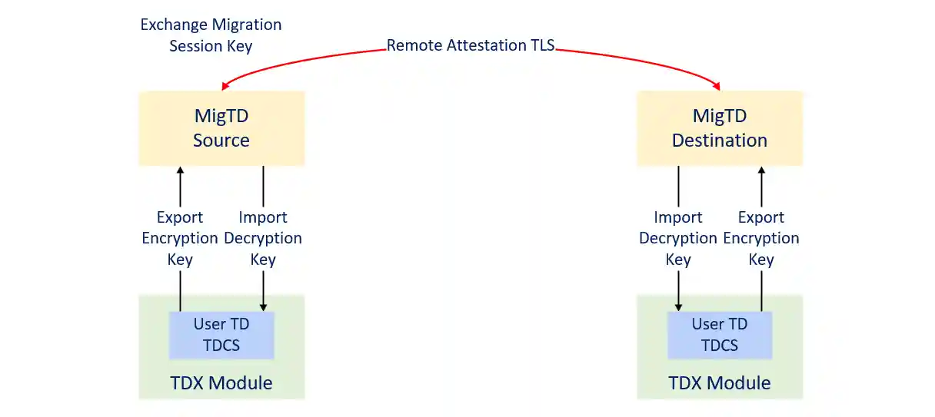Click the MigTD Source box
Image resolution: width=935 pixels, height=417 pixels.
[221, 128]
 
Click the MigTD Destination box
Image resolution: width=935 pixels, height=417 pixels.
[720, 128]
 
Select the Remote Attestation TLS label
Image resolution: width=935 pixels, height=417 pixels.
[470, 45]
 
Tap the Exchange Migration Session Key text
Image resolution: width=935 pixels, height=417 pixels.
[211, 35]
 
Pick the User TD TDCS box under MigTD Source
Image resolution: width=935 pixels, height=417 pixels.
[221, 335]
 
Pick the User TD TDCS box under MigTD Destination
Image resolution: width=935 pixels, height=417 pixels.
[720, 335]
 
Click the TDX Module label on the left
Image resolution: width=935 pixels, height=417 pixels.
[221, 382]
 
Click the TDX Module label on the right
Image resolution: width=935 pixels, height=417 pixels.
[720, 382]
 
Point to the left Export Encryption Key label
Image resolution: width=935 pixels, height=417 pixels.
[180, 238]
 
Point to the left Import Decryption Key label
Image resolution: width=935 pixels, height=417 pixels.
[263, 238]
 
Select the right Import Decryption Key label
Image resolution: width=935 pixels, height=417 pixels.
[678, 238]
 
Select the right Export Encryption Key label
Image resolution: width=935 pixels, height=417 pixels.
[761, 238]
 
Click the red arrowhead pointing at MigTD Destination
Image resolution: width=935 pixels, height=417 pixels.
[719, 86]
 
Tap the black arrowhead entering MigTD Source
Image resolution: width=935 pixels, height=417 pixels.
[180, 170]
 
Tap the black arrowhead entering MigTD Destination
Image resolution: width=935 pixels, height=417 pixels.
[761, 170]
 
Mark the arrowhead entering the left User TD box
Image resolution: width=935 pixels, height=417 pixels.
[263, 307]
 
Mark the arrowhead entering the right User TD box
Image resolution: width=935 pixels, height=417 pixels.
[678, 307]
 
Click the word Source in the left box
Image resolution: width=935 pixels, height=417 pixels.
[221, 141]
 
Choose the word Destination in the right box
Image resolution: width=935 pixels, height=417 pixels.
[720, 141]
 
